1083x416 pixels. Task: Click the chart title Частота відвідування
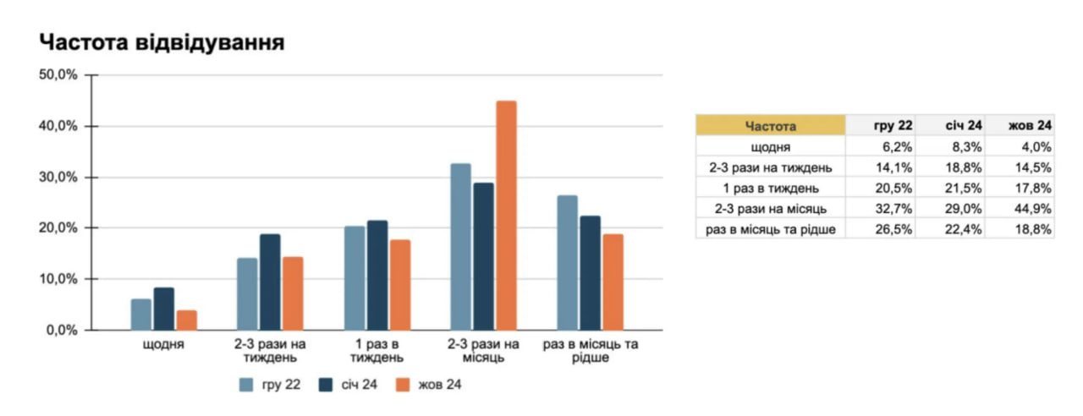coord(162,43)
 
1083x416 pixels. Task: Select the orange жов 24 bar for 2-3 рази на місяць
coord(506,216)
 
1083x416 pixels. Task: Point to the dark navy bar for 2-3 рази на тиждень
coord(270,282)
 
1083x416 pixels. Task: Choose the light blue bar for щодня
coord(141,314)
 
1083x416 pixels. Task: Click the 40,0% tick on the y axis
coord(58,126)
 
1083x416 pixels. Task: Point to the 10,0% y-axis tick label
coord(58,279)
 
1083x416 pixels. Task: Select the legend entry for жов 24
coord(432,385)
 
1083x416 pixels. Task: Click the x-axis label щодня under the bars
coord(164,345)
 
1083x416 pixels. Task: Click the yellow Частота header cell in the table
coord(771,126)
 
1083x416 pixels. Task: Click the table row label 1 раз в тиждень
coord(771,188)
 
